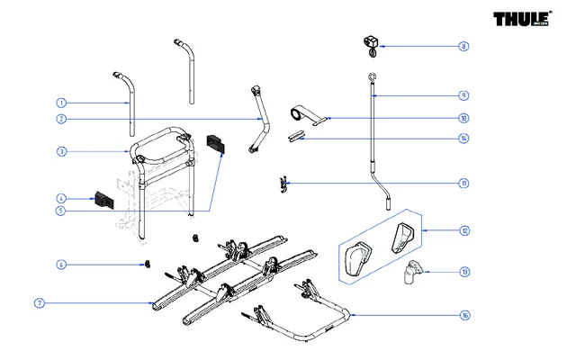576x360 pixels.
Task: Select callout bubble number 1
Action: (62, 103)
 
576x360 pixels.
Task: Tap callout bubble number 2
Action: (62, 119)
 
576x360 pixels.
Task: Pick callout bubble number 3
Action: (62, 152)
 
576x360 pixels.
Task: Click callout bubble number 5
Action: (62, 211)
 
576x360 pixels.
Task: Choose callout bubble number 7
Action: (40, 304)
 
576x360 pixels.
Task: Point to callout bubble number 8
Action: (463, 46)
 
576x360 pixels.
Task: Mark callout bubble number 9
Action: (463, 95)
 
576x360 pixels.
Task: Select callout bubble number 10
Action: (463, 118)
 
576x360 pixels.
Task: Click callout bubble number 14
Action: (463, 139)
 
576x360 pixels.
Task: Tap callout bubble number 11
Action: (463, 184)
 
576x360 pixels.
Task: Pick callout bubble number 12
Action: (463, 231)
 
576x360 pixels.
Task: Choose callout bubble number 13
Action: (463, 271)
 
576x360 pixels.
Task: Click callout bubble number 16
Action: (463, 315)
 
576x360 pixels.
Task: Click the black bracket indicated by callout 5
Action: (219, 144)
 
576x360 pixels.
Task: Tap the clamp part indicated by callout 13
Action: (414, 271)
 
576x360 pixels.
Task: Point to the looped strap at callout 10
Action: (302, 114)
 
